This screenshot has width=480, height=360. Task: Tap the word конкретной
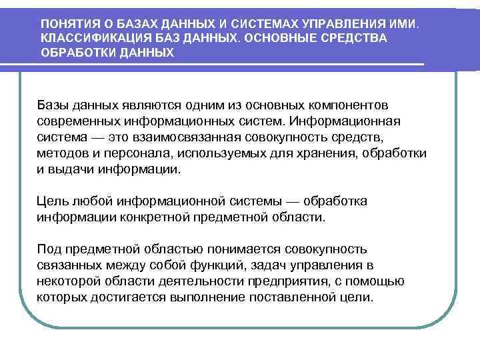point(161,217)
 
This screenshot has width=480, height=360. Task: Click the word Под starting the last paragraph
point(49,249)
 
